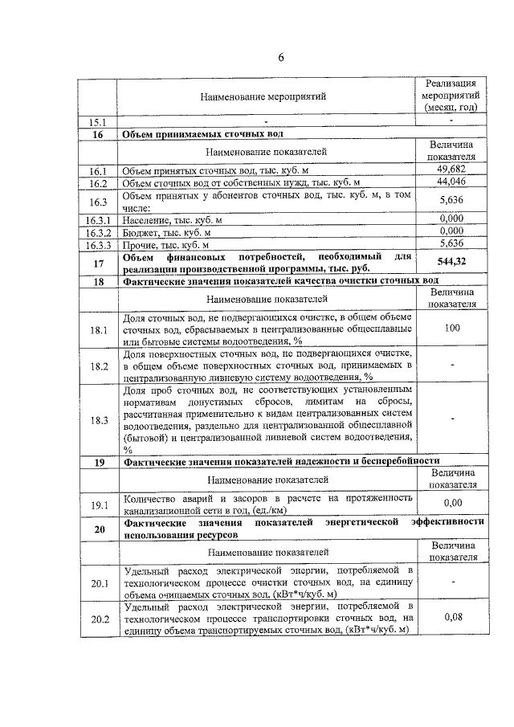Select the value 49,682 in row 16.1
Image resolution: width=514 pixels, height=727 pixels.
[452, 169]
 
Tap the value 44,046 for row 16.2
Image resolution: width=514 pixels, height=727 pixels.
[452, 182]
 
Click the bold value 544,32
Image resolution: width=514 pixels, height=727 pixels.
[452, 262]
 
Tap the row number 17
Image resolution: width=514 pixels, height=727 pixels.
[98, 263]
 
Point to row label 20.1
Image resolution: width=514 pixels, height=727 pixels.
[98, 583]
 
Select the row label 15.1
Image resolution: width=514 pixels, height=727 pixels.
[98, 121]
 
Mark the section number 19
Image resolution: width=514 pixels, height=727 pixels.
[98, 462]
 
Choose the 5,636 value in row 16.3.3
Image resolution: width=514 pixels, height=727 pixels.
[452, 244]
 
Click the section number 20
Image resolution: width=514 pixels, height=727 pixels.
[98, 529]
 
